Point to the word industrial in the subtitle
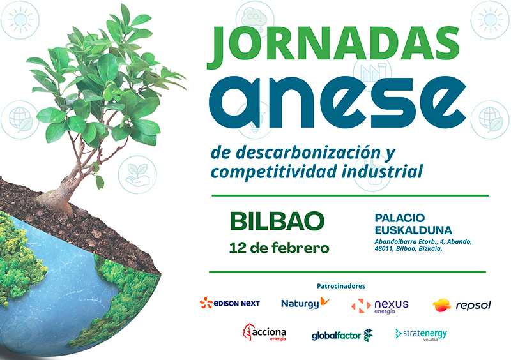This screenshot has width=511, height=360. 388,171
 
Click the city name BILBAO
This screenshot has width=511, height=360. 277,220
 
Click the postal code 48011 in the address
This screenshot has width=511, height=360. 386,249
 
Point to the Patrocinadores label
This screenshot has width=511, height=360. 345,285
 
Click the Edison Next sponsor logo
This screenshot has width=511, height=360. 229,303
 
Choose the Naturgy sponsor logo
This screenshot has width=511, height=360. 305,303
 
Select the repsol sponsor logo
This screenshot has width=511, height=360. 462,306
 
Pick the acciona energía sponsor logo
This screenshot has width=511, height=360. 264,334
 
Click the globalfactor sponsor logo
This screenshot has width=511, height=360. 342,335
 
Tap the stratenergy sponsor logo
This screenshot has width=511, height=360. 421,334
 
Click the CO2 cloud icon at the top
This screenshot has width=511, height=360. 254,17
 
